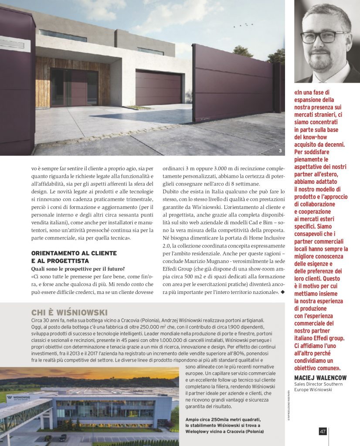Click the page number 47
coord(323,431)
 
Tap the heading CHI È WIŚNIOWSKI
coord(69,312)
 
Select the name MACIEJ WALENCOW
coord(320,377)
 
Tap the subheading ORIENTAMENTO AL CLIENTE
coord(74,253)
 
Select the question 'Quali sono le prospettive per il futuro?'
coord(78,268)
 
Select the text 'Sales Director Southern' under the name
coord(318,384)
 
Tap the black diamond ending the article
coord(282,291)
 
